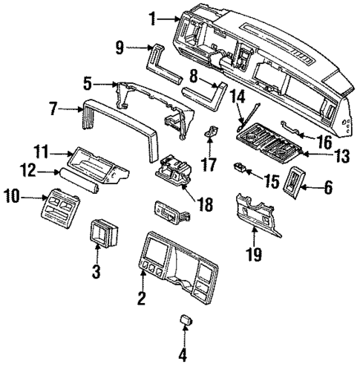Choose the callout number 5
coord(88,83)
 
